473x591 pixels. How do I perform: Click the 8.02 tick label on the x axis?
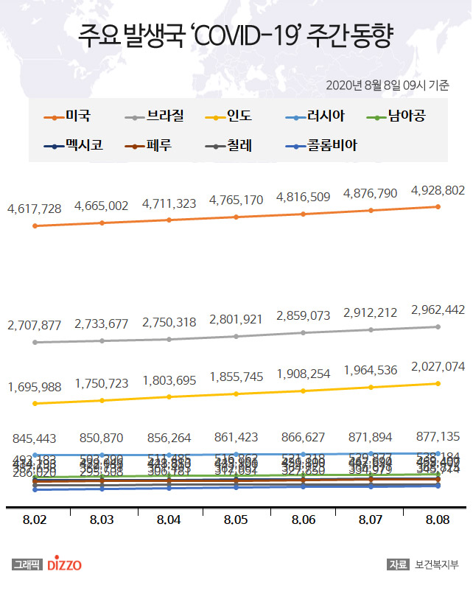(35, 520)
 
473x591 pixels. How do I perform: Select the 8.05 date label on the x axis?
(236, 520)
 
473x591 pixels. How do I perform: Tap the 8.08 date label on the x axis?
(438, 520)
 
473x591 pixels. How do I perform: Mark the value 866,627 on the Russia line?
(304, 436)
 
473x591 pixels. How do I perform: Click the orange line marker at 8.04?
(169, 220)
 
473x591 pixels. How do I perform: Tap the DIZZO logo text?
(64, 565)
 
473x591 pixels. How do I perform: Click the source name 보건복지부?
(438, 565)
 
